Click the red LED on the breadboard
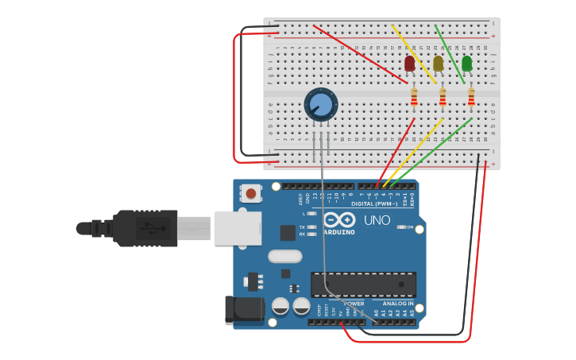click(x=410, y=64)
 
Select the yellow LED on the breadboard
click(x=439, y=64)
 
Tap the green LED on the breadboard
click(x=467, y=63)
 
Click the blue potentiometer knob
click(x=321, y=104)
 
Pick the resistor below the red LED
click(x=414, y=97)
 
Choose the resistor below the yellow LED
click(x=443, y=97)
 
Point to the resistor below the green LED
click(x=471, y=97)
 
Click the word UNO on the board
click(x=378, y=220)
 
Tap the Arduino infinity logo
click(x=341, y=221)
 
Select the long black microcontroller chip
click(x=363, y=284)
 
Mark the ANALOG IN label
click(x=396, y=304)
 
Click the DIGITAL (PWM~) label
click(x=382, y=204)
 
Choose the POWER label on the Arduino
click(x=354, y=304)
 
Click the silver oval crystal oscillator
click(x=285, y=256)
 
